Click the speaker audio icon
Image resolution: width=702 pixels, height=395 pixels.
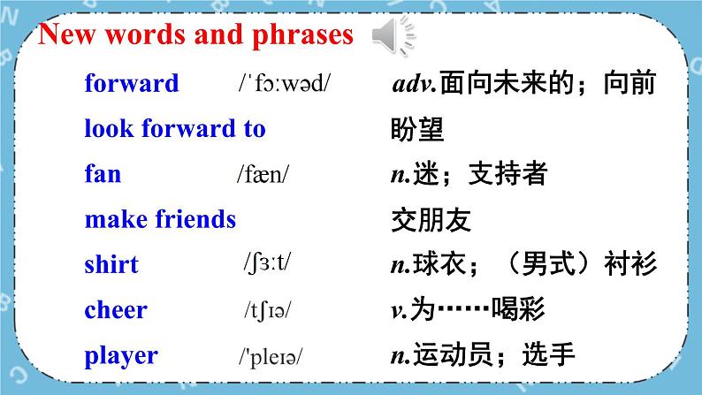point(393,35)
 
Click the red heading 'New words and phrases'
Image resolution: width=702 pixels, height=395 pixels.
point(195,34)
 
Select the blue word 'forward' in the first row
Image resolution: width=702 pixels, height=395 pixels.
point(132,83)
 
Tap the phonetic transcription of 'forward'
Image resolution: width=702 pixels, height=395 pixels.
point(285,83)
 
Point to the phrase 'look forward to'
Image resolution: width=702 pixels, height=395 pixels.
point(175,128)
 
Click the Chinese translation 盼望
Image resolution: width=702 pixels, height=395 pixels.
point(417,129)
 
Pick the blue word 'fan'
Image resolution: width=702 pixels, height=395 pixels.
point(103,173)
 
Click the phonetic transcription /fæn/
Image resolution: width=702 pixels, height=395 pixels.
point(263,174)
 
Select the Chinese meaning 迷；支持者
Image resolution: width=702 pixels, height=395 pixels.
point(479,173)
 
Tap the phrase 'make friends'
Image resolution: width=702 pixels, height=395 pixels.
point(160,219)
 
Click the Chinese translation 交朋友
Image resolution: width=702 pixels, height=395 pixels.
point(431,220)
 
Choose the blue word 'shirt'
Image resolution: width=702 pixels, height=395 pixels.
point(111,264)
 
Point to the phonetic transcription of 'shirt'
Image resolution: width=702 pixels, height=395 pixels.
point(267,263)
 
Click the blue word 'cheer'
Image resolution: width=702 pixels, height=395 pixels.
point(116,309)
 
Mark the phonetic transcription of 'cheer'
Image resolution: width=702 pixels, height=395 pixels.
point(268,310)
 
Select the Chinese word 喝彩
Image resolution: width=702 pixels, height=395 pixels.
point(518,309)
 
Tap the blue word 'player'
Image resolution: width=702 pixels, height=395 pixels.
point(121,356)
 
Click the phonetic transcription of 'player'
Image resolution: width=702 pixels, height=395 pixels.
point(271,356)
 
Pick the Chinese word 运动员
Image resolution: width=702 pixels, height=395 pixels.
point(453,354)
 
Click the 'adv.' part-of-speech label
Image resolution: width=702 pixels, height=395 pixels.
point(414,84)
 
